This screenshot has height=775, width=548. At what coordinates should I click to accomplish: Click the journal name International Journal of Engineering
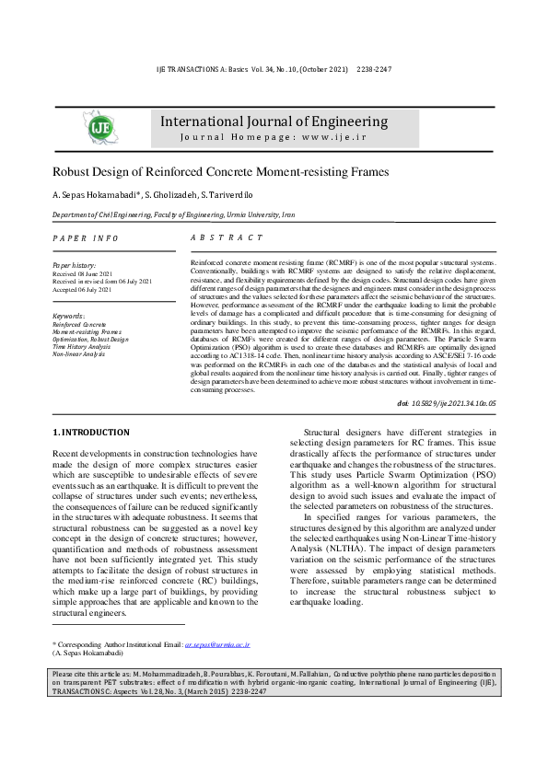point(274,121)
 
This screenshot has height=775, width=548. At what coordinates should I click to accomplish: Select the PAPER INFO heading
point(86,238)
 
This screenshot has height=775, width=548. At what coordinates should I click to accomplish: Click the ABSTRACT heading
point(226,237)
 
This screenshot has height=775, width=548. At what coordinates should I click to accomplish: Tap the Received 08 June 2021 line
point(83,273)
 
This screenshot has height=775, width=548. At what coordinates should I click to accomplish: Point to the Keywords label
point(69,316)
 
